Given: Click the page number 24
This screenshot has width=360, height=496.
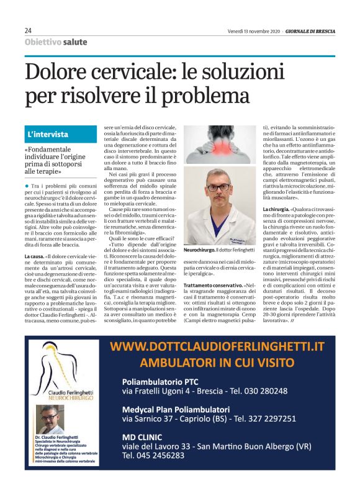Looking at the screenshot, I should point(29,30).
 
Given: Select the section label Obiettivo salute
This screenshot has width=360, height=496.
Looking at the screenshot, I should point(56,42).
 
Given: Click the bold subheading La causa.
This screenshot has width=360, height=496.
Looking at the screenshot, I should point(34,256).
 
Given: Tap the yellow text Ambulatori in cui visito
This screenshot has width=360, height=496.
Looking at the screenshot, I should point(216,362).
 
